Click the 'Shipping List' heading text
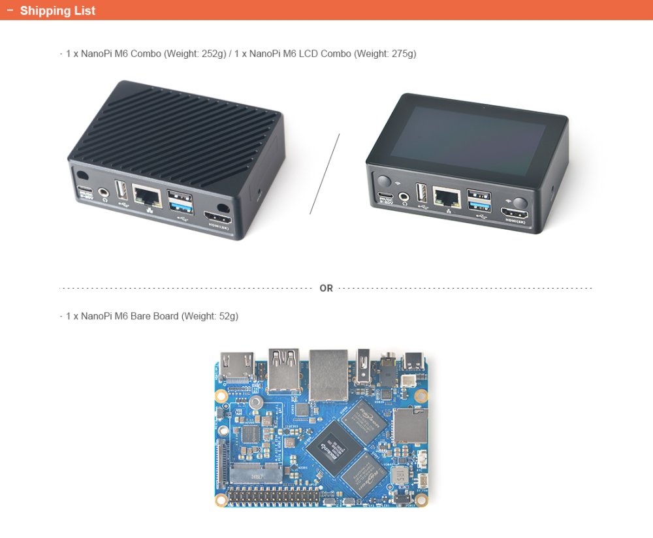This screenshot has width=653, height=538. tap(57, 10)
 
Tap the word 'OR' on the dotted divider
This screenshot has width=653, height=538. tap(326, 288)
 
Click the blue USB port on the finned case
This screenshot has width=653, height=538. tap(180, 207)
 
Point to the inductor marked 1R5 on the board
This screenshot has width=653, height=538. tap(399, 476)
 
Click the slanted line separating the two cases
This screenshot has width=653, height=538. tap(325, 174)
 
